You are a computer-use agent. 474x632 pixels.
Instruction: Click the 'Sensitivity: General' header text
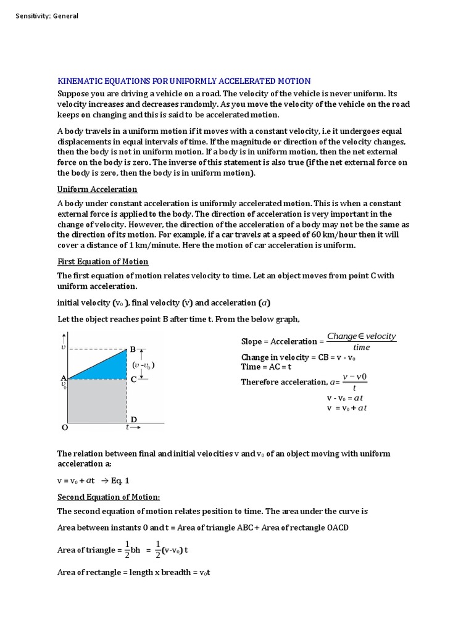click(47, 16)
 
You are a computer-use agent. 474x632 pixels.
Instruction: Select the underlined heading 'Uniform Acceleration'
click(97, 189)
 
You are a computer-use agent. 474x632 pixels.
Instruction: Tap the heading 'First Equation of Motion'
click(102, 262)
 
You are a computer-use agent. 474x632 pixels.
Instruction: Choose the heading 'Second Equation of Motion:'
click(109, 497)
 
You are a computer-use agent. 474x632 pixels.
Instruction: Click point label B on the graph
click(133, 349)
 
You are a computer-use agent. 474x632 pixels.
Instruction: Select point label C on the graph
click(133, 380)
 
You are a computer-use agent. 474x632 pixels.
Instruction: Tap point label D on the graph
click(133, 420)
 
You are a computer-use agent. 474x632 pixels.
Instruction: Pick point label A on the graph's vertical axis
click(63, 378)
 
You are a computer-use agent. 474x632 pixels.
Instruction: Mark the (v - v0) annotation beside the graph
click(143, 365)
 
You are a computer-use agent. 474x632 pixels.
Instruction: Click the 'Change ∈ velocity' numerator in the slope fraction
click(361, 336)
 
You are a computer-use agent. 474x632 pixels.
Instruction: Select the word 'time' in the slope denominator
click(361, 347)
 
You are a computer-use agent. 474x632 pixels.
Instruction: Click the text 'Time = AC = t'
click(269, 367)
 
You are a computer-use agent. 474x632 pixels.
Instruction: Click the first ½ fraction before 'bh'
click(127, 550)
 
